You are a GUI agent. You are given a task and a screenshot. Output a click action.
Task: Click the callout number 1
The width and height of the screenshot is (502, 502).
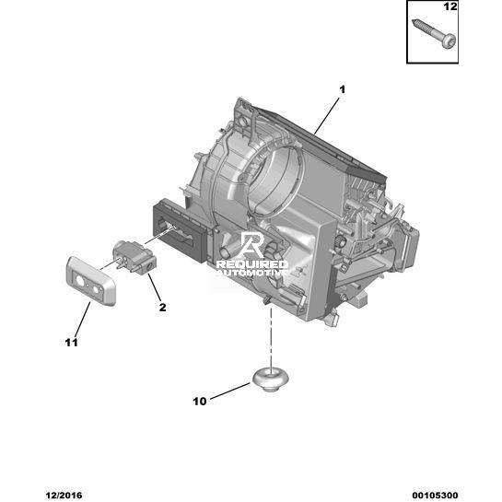click(x=343, y=89)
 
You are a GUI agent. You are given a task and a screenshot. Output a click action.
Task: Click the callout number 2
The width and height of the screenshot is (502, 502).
click(x=163, y=308)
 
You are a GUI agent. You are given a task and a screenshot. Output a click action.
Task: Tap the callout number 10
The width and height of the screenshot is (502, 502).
click(x=200, y=402)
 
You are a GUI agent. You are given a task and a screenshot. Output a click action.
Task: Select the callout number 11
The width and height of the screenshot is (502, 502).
click(x=72, y=343)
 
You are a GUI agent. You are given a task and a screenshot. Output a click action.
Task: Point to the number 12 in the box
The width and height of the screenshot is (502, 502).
click(x=450, y=6)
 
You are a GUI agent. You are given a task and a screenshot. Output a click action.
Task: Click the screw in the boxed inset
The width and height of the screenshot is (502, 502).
click(x=434, y=33)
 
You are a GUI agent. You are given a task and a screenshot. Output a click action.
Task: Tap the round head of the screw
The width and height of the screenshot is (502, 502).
click(x=449, y=41)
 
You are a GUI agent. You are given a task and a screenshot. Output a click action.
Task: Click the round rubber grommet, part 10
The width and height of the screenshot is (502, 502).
click(x=271, y=379)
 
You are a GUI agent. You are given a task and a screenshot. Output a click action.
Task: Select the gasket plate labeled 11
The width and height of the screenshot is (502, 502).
click(x=90, y=281)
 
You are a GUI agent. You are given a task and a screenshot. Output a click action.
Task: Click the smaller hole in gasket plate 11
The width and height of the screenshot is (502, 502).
click(x=96, y=290)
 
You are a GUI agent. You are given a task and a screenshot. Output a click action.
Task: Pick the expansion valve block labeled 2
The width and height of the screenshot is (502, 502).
click(x=134, y=256)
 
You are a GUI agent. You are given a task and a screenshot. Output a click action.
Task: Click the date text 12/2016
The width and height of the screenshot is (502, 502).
click(x=64, y=496)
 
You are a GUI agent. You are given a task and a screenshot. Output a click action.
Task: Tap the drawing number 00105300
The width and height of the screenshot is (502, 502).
click(x=435, y=496)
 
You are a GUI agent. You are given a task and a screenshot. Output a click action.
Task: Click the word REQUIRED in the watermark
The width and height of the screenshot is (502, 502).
click(x=252, y=264)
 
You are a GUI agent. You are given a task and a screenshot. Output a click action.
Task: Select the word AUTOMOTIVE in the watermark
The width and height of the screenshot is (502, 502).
click(x=252, y=273)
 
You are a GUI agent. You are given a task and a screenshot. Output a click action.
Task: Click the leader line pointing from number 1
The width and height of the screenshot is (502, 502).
click(x=327, y=115)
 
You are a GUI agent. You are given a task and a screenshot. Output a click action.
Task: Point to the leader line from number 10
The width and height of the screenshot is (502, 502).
click(x=230, y=391)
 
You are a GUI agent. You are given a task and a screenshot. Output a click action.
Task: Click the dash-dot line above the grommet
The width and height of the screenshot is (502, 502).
click(x=271, y=337)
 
